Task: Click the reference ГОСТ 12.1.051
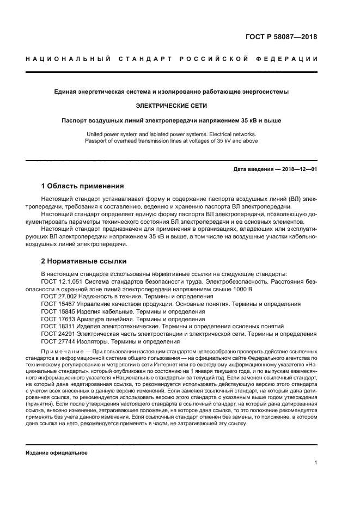click(62, 281)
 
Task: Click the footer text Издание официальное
click(57, 453)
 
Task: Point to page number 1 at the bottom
click(316, 463)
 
